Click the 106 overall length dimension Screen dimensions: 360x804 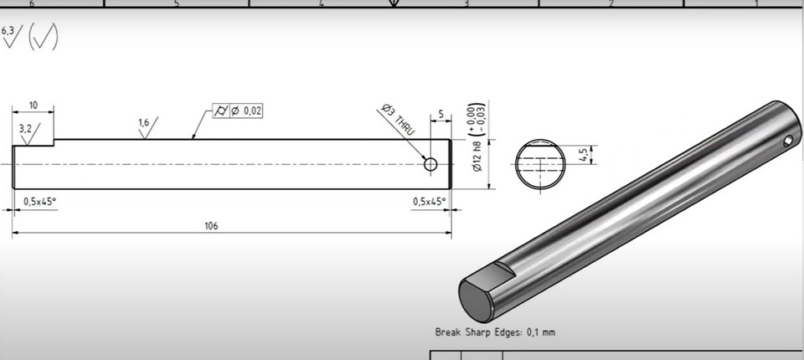[211, 226]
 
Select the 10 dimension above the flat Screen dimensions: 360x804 [33, 105]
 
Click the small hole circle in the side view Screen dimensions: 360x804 [430, 164]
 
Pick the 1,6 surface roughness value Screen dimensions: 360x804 [143, 124]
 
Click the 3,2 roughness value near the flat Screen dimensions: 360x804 [25, 128]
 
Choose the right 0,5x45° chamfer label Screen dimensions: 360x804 [430, 201]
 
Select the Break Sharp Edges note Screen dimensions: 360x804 [495, 332]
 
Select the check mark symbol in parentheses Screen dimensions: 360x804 [44, 38]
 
